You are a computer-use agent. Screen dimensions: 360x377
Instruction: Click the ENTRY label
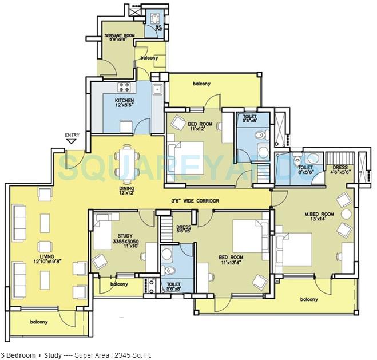(72, 136)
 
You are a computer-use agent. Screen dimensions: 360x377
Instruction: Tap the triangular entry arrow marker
(72, 142)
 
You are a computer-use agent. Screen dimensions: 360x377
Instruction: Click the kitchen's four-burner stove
(123, 88)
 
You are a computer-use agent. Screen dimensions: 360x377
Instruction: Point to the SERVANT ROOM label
(120, 36)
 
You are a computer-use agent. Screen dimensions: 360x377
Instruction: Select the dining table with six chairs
(126, 162)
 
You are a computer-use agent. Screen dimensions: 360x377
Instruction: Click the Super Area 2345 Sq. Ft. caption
(77, 355)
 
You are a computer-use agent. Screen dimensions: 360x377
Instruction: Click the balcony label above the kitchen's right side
(201, 84)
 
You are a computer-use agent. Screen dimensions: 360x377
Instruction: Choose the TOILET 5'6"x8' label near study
(173, 286)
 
